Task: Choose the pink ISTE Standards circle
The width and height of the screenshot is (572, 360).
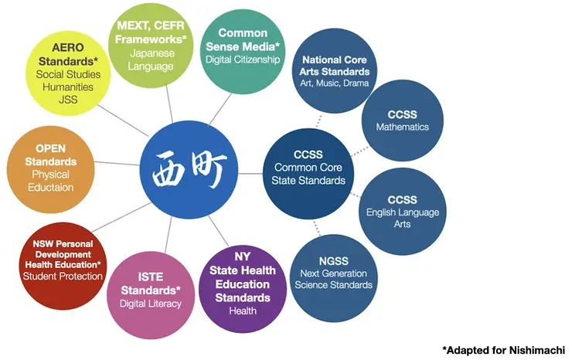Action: point(150,287)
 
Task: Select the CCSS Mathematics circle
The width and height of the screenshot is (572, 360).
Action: point(402,121)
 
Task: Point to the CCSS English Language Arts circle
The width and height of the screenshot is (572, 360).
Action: point(402,211)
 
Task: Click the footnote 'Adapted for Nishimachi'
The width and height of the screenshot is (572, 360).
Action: point(503,349)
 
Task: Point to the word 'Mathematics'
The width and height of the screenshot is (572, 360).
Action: point(402,127)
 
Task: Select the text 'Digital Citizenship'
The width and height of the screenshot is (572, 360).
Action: point(243,59)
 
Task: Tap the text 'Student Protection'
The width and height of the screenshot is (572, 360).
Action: point(63,276)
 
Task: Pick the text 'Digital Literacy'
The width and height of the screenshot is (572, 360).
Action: point(150,304)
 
